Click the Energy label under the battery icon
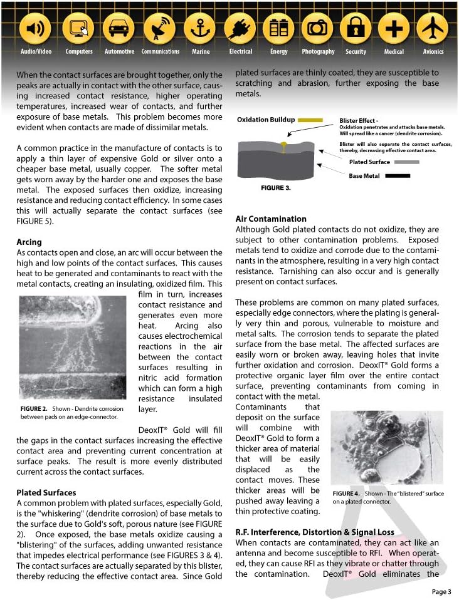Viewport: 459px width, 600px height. click(278, 51)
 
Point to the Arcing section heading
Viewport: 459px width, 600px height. click(29, 242)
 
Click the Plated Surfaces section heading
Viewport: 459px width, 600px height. click(46, 492)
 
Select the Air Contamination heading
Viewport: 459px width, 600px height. click(271, 219)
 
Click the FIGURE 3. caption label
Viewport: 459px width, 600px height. click(275, 187)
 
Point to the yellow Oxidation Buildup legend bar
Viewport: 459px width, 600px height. click(310, 120)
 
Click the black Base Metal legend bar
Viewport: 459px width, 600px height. click(398, 176)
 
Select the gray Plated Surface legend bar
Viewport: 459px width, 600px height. click(407, 162)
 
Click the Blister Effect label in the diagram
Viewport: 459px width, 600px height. click(359, 120)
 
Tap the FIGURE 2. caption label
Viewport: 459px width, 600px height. click(34, 408)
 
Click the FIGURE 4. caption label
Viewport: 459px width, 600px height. click(346, 494)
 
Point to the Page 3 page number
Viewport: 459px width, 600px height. click(441, 591)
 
